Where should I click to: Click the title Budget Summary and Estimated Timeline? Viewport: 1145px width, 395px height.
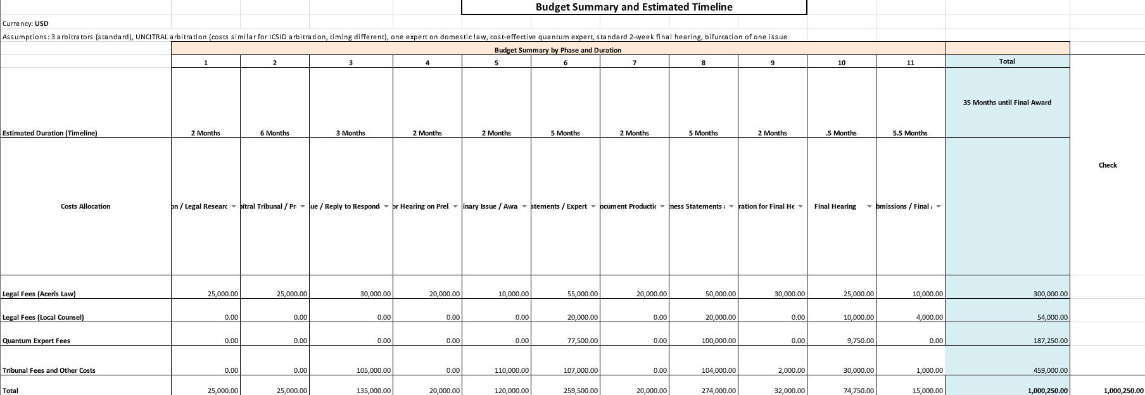(x=633, y=7)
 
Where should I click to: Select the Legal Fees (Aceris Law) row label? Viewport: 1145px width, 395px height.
(x=39, y=294)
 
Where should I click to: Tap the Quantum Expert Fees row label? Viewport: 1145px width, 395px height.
(x=36, y=341)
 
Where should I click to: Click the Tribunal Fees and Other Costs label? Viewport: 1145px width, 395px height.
(x=49, y=370)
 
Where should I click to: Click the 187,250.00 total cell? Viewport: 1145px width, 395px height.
(x=1051, y=341)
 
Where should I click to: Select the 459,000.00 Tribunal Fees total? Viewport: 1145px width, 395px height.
(x=1051, y=370)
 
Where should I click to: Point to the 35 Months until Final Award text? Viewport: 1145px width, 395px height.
(x=1007, y=103)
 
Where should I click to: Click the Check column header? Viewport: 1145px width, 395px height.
(x=1108, y=165)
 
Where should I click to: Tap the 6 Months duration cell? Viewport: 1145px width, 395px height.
(x=274, y=133)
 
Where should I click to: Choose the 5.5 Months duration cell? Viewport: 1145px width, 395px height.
(x=910, y=133)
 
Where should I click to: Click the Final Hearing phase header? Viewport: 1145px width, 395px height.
(x=835, y=206)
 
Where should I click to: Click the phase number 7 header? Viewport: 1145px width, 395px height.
(x=634, y=63)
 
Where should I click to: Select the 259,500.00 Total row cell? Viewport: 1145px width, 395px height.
(x=581, y=391)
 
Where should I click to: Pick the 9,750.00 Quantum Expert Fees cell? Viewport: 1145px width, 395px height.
(x=859, y=341)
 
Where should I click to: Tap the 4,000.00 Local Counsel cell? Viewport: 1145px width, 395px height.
(x=929, y=317)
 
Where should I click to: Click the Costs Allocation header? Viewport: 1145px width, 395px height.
(x=85, y=206)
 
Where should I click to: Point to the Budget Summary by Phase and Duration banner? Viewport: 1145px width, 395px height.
(x=557, y=50)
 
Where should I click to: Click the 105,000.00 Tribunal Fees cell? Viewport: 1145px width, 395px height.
(x=374, y=370)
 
